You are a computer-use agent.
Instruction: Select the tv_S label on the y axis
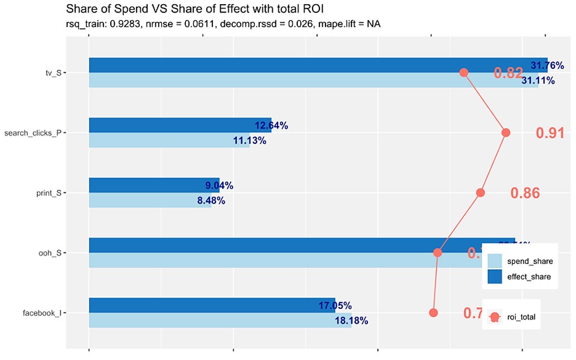point(53,73)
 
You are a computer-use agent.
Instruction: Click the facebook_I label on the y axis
point(42,313)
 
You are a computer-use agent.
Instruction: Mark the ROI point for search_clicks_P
point(505,133)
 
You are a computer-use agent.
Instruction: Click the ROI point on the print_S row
point(481,193)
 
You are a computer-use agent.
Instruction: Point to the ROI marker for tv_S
point(463,73)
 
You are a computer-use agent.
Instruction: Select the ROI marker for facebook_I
point(433,313)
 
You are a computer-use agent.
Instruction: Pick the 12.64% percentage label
point(271,126)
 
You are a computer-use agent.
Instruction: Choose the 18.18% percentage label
point(352,321)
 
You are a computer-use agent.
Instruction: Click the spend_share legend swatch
point(495,261)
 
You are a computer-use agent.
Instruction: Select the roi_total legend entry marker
point(495,317)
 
